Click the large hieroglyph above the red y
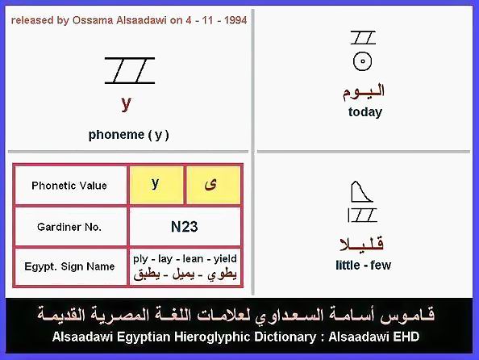pos(130,70)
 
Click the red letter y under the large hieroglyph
pos(126,104)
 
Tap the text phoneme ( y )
pos(128,135)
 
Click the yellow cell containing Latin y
pos(156,185)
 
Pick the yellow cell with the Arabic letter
pos(213,185)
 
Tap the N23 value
pos(184,227)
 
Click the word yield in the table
pos(225,259)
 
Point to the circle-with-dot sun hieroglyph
pos(362,61)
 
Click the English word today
pos(365,112)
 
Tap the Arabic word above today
pos(363,92)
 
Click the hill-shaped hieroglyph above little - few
pos(362,192)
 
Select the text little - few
pos(363,266)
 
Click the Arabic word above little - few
pos(362,245)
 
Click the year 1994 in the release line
pos(235,20)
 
